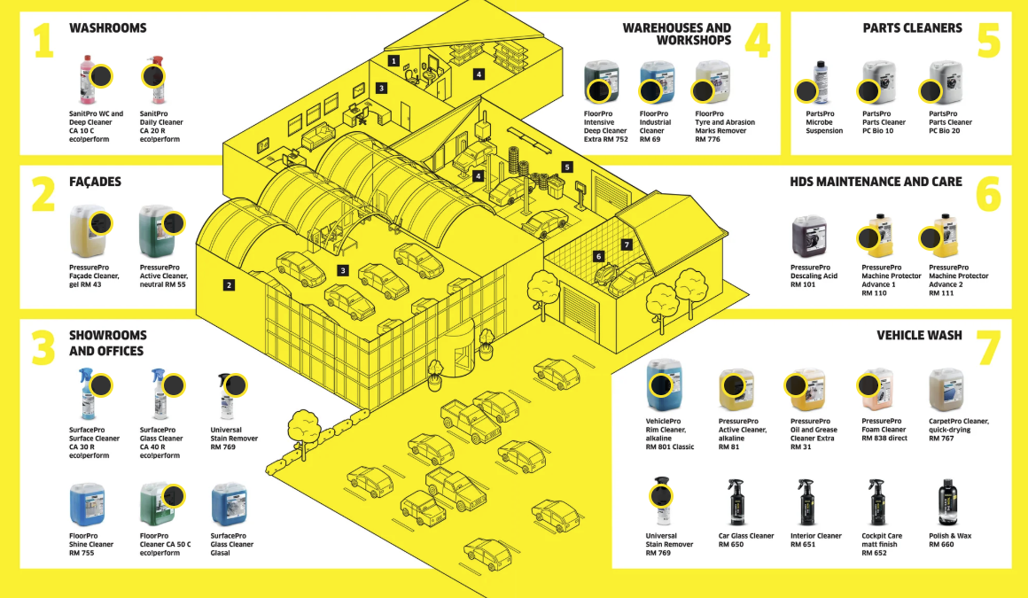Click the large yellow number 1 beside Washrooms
(43, 41)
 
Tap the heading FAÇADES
(96, 182)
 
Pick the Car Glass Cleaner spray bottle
(735, 503)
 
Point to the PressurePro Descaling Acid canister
(808, 237)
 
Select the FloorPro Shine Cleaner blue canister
(87, 504)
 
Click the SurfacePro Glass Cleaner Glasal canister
(228, 504)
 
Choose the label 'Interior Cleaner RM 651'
(816, 540)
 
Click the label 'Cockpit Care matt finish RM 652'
(882, 544)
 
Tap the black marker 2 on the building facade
(229, 285)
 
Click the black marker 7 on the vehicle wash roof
(627, 245)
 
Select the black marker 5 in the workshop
(567, 167)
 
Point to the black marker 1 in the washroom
(393, 60)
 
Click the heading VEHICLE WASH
(919, 336)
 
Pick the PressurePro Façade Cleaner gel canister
(87, 231)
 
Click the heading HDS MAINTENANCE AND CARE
(876, 182)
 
